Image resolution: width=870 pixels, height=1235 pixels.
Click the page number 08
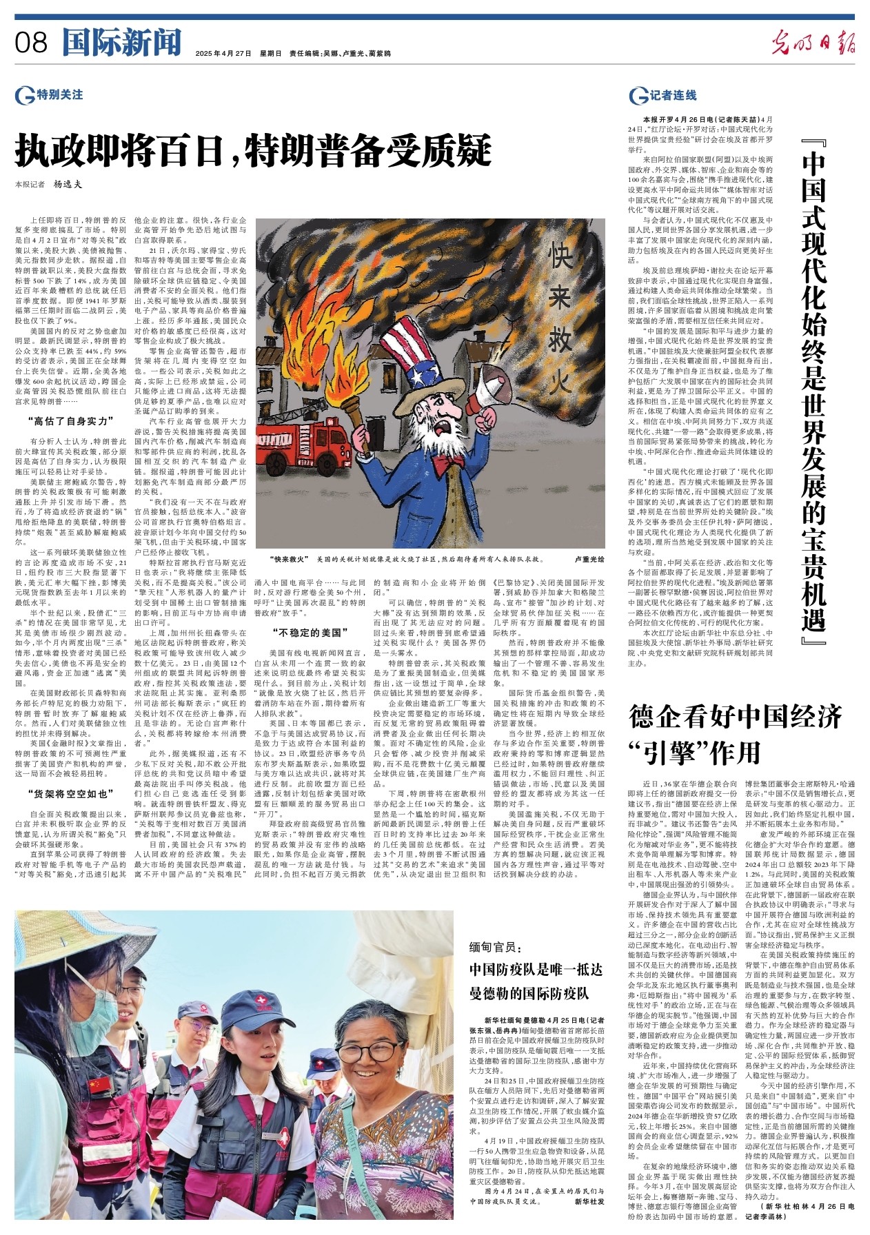point(31,43)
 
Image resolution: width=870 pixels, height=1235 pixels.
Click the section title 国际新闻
point(121,43)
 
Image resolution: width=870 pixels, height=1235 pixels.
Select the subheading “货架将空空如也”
point(70,794)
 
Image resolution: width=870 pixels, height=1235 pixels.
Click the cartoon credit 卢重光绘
point(589,560)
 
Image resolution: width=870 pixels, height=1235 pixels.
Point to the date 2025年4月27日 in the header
point(223,53)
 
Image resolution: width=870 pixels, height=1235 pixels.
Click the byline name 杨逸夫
point(68,184)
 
